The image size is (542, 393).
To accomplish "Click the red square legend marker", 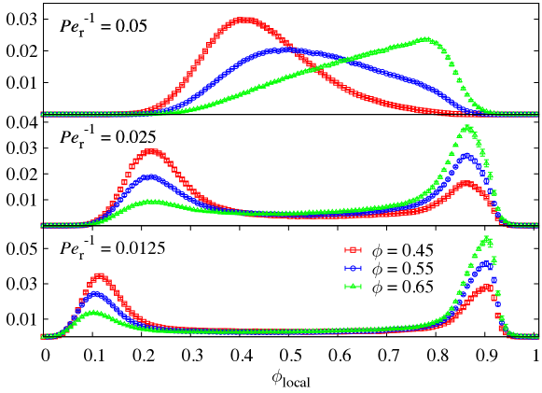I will click(x=353, y=250).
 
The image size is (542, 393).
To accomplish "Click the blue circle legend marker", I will click(x=353, y=268).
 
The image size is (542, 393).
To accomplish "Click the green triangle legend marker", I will click(x=353, y=287).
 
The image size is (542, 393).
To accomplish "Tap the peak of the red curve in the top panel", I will click(x=245, y=19).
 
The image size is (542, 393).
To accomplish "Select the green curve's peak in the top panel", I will click(x=424, y=39).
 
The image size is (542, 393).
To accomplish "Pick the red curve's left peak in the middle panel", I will click(x=151, y=151).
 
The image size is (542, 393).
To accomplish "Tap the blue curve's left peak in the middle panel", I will click(x=150, y=176).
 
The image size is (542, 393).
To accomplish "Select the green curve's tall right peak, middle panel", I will click(x=467, y=126).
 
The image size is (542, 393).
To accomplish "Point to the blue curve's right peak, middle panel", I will click(x=467, y=156).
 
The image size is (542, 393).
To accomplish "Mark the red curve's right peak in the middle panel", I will click(x=466, y=184).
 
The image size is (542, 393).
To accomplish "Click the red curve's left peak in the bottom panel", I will click(x=99, y=276).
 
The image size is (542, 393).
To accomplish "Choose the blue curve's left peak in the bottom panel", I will click(x=95, y=295).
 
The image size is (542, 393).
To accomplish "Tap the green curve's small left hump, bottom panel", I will click(x=93, y=313).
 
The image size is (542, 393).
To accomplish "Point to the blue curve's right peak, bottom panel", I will click(x=487, y=264).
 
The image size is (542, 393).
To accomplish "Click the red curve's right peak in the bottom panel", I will click(x=486, y=288).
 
